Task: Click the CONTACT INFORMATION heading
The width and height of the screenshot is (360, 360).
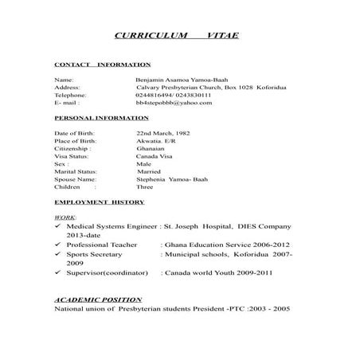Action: tap(102, 63)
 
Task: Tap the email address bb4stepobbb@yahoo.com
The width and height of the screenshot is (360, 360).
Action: tap(174, 103)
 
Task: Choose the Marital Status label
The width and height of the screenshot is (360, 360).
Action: tap(76, 171)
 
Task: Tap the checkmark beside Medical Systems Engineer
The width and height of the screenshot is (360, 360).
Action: tap(59, 227)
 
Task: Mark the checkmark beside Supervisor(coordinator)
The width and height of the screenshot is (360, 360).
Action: tap(59, 272)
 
